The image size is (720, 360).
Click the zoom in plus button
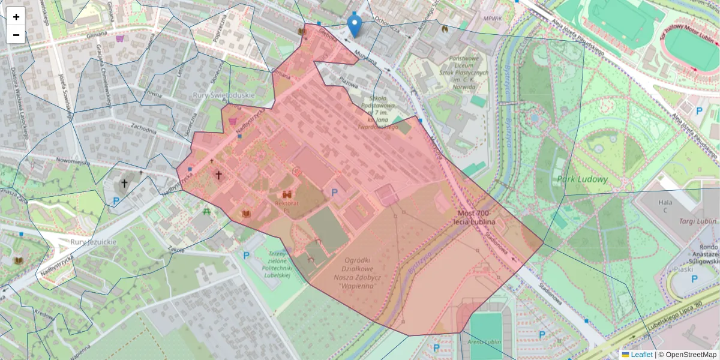(x=16, y=16)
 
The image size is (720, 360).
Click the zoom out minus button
(x=16, y=35)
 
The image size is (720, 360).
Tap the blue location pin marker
(x=355, y=25)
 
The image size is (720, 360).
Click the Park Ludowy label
(x=582, y=179)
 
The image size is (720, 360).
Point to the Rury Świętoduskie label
(x=224, y=95)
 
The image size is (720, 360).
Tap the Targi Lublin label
(x=697, y=221)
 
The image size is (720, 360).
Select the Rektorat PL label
(x=286, y=207)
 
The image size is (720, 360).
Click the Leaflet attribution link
(x=641, y=355)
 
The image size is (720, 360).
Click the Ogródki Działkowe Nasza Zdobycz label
(x=360, y=273)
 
